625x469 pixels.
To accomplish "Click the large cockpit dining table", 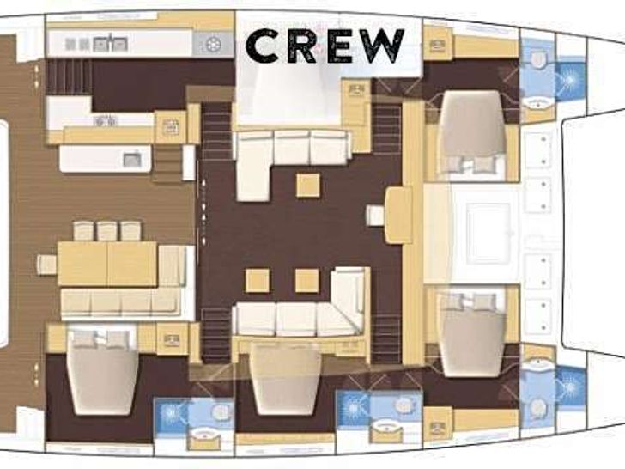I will click(x=107, y=263).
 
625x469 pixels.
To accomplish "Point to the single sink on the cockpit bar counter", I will click(x=131, y=158).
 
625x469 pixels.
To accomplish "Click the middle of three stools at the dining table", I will click(x=107, y=230).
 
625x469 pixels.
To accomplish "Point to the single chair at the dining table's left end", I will click(x=46, y=265).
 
